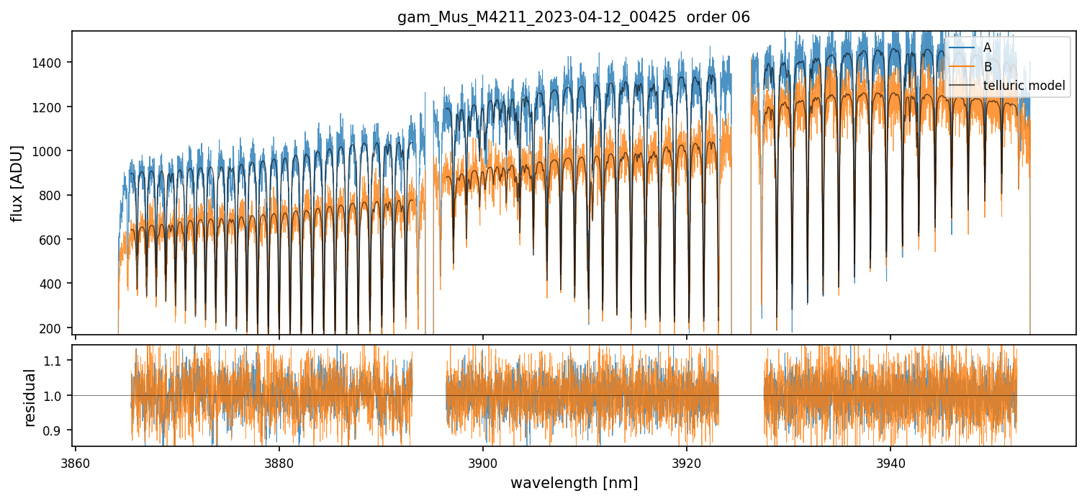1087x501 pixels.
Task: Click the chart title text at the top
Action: click(x=574, y=17)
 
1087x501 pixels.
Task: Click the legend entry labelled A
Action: click(x=987, y=48)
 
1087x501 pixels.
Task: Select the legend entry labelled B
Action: click(x=987, y=67)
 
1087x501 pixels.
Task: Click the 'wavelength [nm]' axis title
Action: click(x=574, y=482)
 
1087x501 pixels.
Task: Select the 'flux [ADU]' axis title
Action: click(x=17, y=183)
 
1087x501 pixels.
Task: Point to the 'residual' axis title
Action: click(x=30, y=397)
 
